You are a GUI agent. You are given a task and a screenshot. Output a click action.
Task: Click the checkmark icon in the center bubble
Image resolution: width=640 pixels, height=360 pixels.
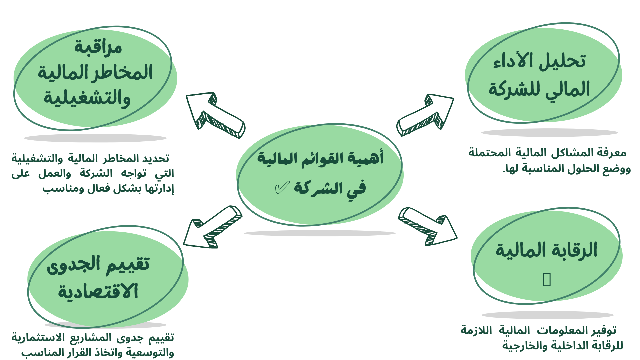point(282,188)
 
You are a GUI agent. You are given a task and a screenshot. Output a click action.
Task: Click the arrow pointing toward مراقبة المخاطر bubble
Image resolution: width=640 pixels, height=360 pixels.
point(215,115)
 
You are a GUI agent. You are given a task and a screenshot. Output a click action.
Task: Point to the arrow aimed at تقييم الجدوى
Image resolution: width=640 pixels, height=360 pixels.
point(212,227)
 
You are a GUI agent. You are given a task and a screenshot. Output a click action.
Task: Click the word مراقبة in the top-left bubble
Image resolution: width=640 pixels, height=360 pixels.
point(98,47)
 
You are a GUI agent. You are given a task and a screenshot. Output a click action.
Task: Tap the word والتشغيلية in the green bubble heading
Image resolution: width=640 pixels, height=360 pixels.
point(87,98)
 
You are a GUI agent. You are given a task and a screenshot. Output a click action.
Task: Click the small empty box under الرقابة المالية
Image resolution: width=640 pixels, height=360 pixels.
point(547,279)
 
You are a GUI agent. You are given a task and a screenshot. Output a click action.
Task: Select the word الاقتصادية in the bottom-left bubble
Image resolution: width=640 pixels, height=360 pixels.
point(98,291)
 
